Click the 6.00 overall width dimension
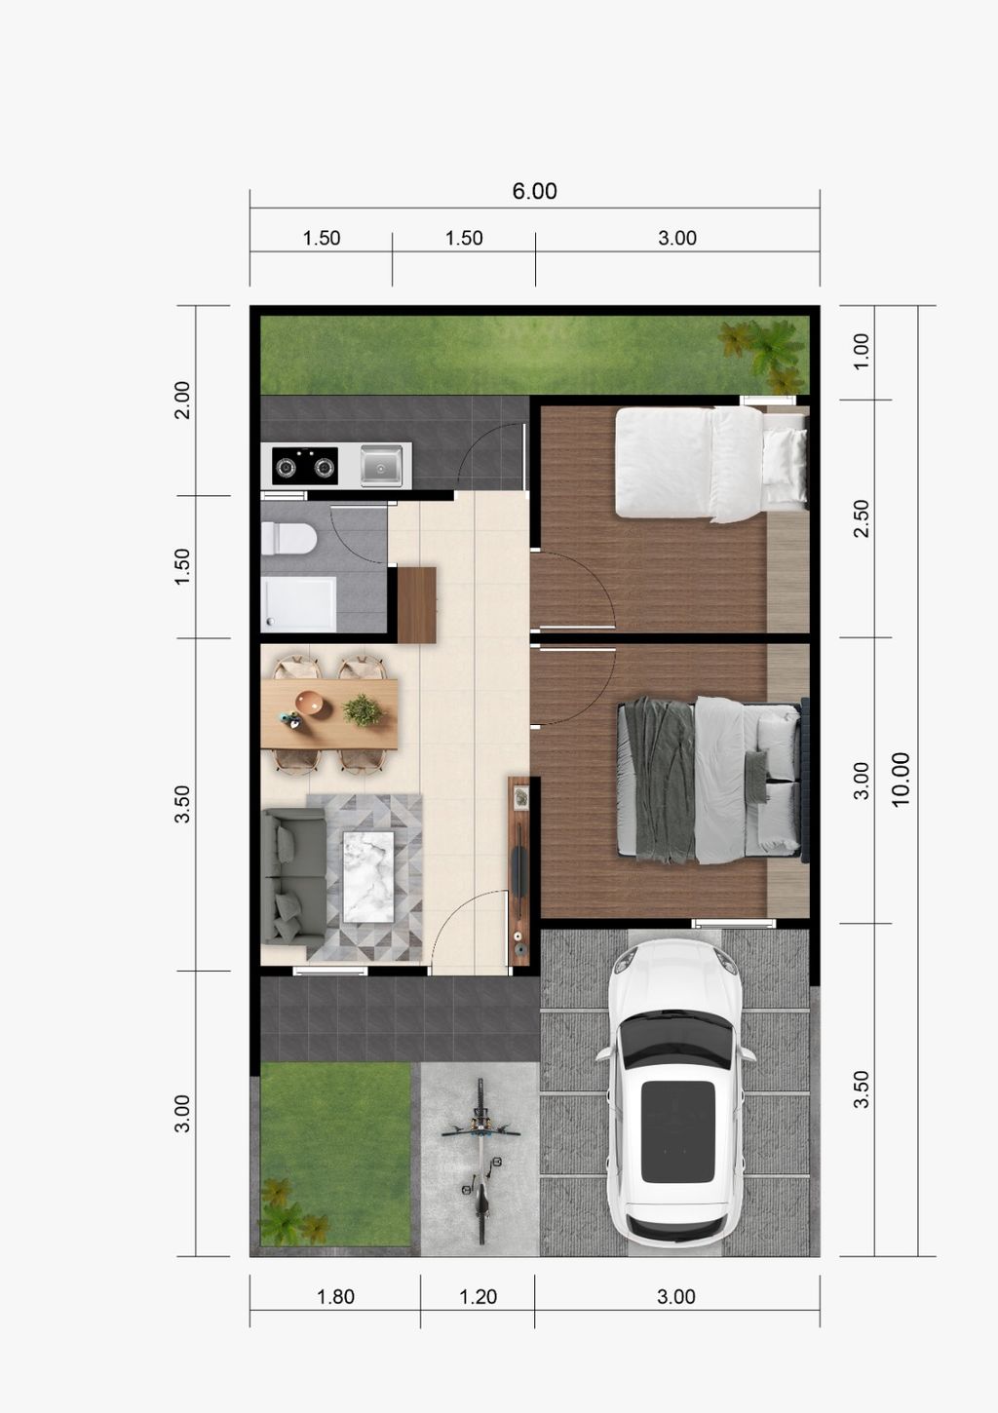point(534,191)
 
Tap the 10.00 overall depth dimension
point(901,779)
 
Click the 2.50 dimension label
point(862,518)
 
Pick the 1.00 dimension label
point(862,352)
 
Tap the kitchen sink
point(381,466)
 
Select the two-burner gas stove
point(305,466)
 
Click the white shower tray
point(298,603)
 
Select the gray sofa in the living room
point(293,877)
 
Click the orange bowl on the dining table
point(315,704)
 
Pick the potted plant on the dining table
point(363,710)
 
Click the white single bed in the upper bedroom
point(710,464)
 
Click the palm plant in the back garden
point(763,353)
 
